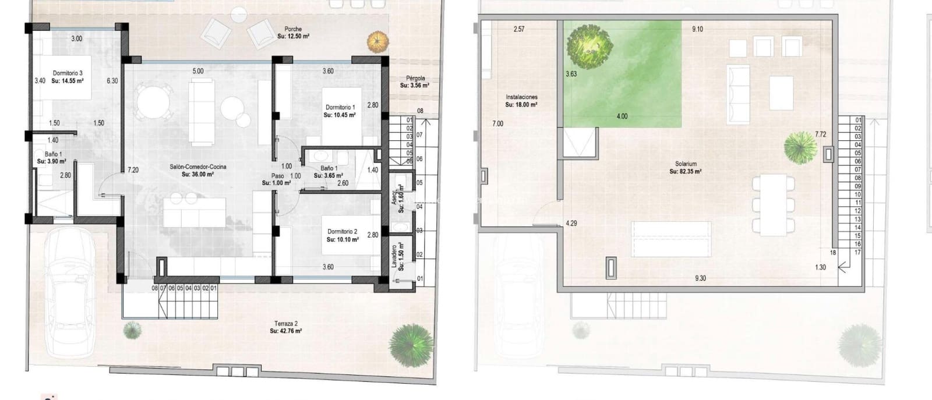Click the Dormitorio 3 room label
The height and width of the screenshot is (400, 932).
tap(68, 73)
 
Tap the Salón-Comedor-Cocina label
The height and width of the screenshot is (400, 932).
tap(198, 167)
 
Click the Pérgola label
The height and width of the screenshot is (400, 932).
tap(415, 78)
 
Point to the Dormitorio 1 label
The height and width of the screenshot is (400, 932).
tap(340, 108)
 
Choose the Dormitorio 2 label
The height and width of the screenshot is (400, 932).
tap(341, 232)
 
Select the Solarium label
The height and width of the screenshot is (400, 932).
tap(685, 164)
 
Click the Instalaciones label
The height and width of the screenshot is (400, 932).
tap(521, 97)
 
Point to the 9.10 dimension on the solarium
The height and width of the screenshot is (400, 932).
tap(697, 29)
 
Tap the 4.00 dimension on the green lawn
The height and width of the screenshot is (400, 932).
tap(622, 116)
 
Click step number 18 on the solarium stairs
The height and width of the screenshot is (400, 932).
tap(833, 253)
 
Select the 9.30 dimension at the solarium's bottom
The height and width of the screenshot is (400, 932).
tap(700, 279)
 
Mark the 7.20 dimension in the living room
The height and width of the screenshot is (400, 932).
tap(133, 170)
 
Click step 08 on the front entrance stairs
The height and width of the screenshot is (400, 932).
tap(155, 288)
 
